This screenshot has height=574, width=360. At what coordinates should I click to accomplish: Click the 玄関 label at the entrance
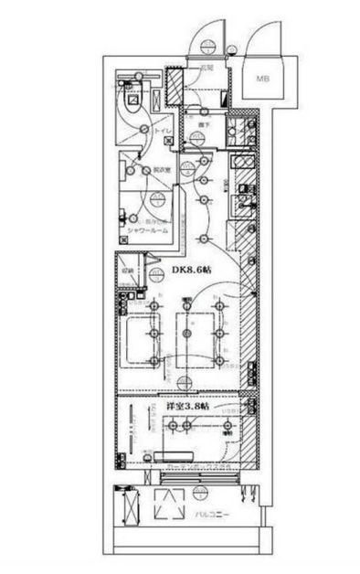pos(206,68)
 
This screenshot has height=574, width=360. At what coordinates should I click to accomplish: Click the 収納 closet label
pos(129,271)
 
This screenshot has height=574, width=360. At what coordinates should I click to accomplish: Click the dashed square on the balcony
pos(171,505)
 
